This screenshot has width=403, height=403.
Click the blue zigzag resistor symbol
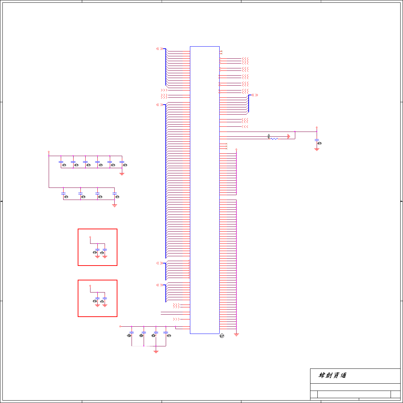274,139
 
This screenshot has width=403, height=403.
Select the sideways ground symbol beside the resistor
289,136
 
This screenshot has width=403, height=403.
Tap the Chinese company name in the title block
332,375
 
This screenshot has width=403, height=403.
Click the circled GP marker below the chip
222,336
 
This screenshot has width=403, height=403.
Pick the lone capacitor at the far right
317,140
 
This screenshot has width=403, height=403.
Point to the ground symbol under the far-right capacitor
317,149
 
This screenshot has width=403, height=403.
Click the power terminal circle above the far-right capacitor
317,127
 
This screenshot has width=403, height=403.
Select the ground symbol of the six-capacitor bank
122,174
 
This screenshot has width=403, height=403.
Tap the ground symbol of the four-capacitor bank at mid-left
115,205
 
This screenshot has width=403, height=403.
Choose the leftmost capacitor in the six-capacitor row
61,162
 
